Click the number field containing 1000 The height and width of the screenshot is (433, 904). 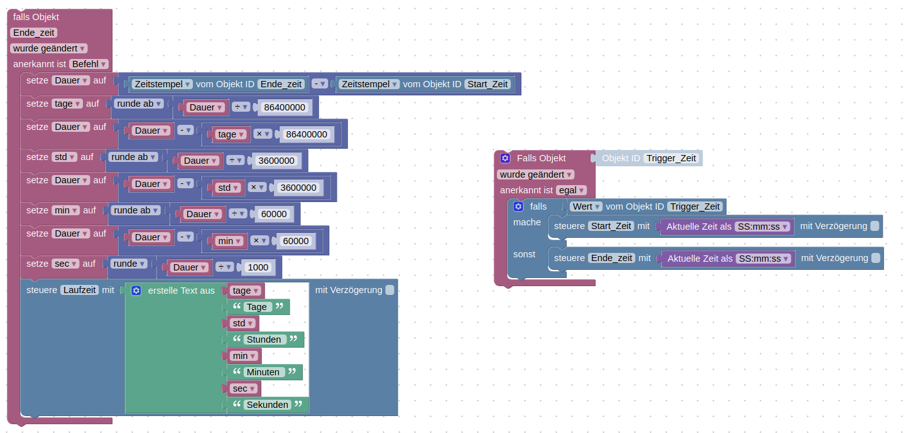pyautogui.click(x=258, y=267)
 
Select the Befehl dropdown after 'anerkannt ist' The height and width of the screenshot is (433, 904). pyautogui.click(x=89, y=64)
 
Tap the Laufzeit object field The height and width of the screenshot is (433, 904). pyautogui.click(x=80, y=290)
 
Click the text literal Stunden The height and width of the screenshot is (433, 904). pyautogui.click(x=264, y=339)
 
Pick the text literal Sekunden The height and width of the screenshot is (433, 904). pyautogui.click(x=268, y=405)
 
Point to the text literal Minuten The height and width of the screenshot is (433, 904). pyautogui.click(x=263, y=372)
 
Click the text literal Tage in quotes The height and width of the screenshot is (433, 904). pyautogui.click(x=257, y=307)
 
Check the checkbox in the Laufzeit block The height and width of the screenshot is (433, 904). pyautogui.click(x=390, y=290)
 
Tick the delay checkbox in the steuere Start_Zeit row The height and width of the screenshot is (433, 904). pyautogui.click(x=874, y=226)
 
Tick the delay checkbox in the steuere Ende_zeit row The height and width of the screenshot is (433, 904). pyautogui.click(x=876, y=258)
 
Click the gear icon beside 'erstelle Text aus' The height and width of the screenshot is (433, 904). pyautogui.click(x=136, y=291)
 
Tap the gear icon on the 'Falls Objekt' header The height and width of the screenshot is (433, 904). pyautogui.click(x=505, y=158)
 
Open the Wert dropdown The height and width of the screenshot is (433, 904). pyautogui.click(x=587, y=206)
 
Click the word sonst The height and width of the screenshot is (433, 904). pyautogui.click(x=524, y=254)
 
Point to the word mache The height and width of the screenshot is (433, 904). pyautogui.click(x=526, y=222)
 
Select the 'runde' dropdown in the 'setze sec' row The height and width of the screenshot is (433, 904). pyautogui.click(x=129, y=264)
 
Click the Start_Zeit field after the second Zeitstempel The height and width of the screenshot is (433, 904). pyautogui.click(x=487, y=84)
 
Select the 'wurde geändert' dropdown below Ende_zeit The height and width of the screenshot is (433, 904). pyautogui.click(x=48, y=48)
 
